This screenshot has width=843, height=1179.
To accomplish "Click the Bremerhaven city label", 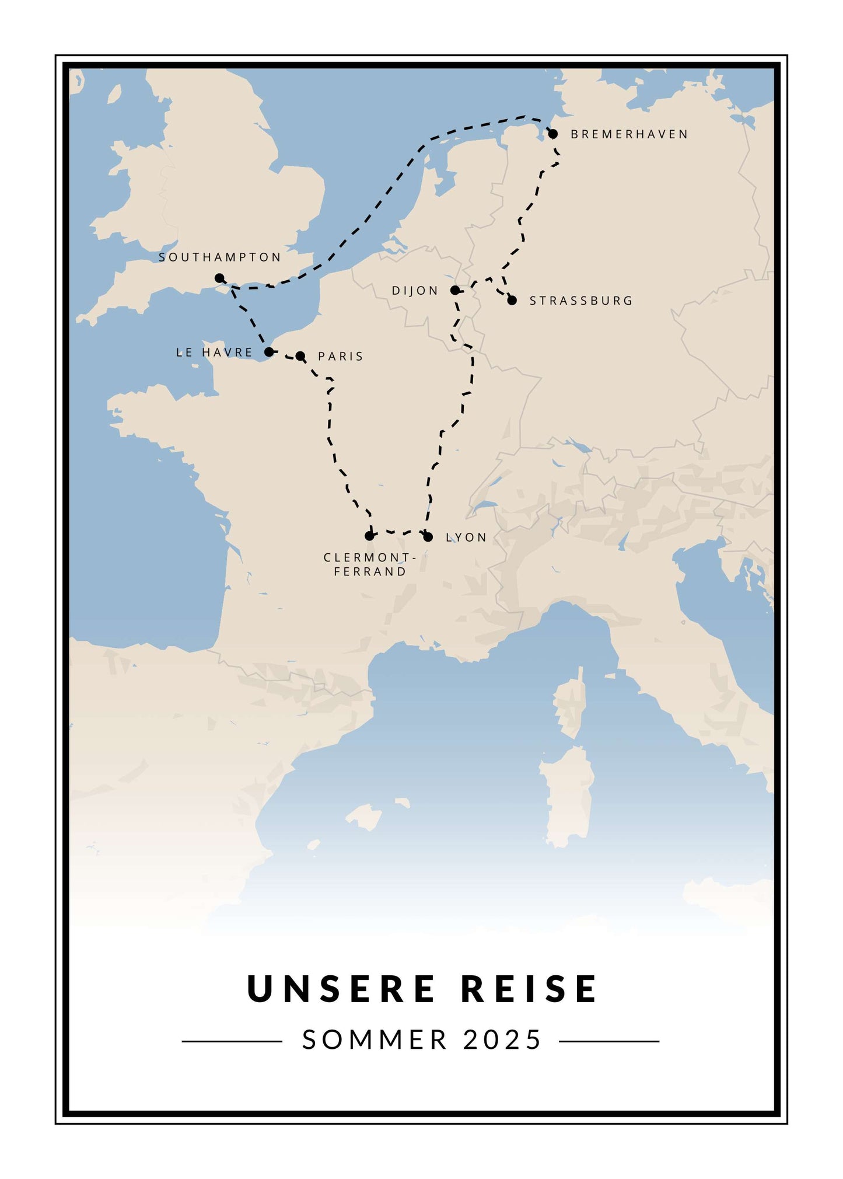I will [x=629, y=134].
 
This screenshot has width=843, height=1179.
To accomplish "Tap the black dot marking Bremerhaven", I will [x=553, y=134].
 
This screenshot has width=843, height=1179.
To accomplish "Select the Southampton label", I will [x=220, y=257].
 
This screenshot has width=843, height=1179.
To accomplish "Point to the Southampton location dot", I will [x=219, y=278].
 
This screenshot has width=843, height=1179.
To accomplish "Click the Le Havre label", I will [x=214, y=353].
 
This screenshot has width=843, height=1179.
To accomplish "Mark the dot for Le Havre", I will [x=269, y=352].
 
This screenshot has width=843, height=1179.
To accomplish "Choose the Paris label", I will [x=341, y=356].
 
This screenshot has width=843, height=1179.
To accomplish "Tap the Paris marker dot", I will [x=300, y=356].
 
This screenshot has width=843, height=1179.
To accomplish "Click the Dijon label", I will [x=415, y=291].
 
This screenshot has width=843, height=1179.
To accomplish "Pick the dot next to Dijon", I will [x=455, y=291].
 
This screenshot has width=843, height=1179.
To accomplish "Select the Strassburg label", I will [x=581, y=301].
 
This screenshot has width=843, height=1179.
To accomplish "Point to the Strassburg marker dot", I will [x=512, y=301].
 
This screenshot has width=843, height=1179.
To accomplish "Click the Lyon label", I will [x=466, y=538].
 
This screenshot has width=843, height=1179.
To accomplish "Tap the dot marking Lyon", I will [x=428, y=537].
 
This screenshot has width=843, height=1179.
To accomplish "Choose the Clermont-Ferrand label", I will [x=370, y=564].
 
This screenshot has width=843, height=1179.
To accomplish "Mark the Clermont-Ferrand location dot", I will [x=369, y=536].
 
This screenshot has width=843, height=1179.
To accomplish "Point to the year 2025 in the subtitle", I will [x=503, y=1040].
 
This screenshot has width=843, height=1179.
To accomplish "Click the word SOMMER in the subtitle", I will [x=375, y=1040].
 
